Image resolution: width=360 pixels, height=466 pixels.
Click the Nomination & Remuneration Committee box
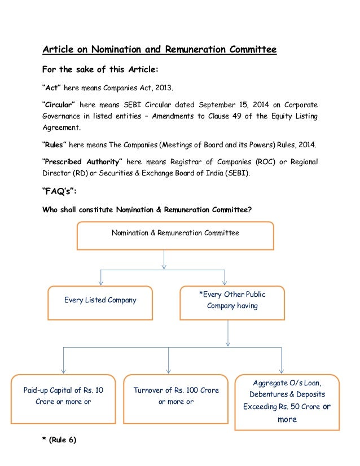175,235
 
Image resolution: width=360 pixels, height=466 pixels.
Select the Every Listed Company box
100,301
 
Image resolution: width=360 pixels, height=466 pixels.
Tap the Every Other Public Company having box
232,301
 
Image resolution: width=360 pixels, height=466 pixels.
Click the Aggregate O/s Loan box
287,401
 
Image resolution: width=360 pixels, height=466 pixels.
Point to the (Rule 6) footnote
59,441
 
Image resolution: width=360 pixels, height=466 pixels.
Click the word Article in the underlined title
60,50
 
